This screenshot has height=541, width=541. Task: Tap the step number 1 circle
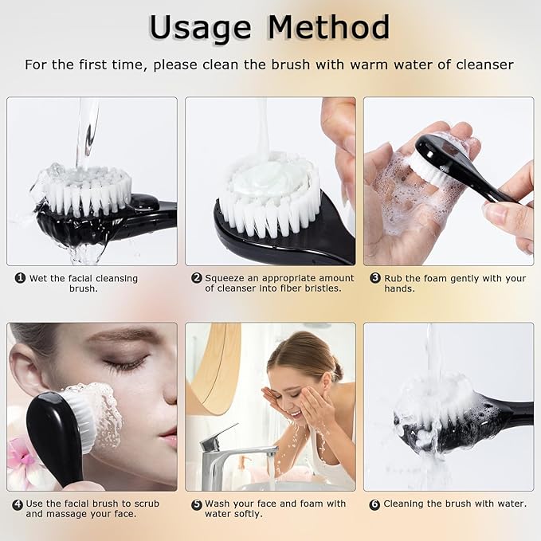pyautogui.click(x=20, y=278)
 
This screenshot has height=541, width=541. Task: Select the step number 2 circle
pyautogui.click(x=196, y=278)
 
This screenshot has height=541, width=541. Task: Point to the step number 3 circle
pyautogui.click(x=374, y=278)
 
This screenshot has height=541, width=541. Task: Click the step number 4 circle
pyautogui.click(x=18, y=504)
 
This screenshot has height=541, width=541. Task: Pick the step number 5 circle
pyautogui.click(x=196, y=504)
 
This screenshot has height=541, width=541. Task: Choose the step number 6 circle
pyautogui.click(x=374, y=504)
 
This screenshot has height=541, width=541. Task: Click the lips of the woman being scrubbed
pyautogui.click(x=168, y=436)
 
